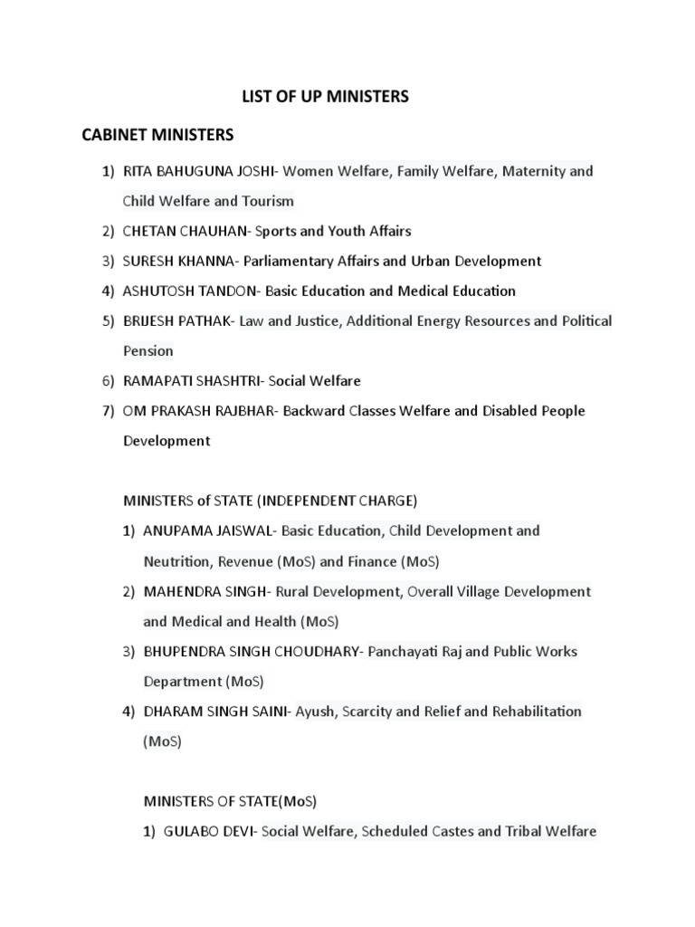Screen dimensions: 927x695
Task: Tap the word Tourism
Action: click(x=267, y=201)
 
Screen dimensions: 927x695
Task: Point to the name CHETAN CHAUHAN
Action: click(x=186, y=231)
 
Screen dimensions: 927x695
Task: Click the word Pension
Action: click(x=148, y=350)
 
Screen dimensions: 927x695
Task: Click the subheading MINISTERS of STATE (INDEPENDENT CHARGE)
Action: click(x=270, y=500)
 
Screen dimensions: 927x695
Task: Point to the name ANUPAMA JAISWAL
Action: click(x=211, y=530)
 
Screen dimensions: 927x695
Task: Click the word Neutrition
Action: click(x=176, y=561)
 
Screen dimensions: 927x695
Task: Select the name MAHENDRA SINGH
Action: click(x=204, y=591)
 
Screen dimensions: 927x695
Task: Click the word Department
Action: click(x=183, y=681)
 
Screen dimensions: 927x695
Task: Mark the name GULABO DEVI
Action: click(x=210, y=831)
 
